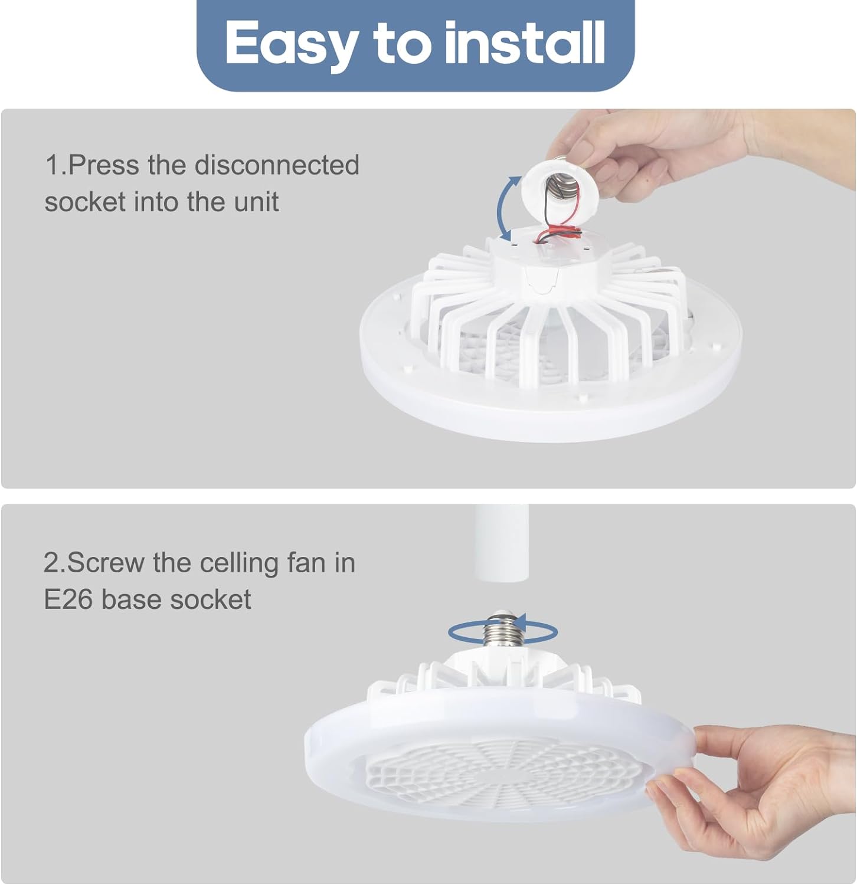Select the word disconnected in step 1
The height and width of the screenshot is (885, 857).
[277, 165]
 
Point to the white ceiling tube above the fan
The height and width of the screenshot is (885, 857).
[501, 543]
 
